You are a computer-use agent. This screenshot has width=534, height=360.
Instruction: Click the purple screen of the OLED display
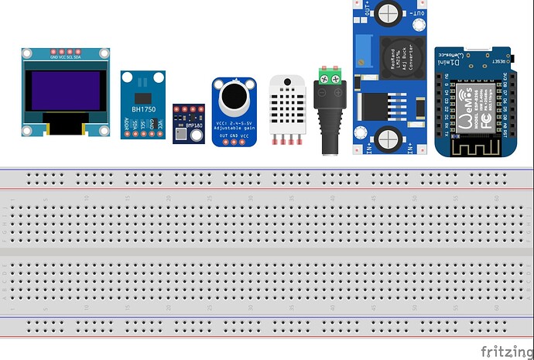pos(66,91)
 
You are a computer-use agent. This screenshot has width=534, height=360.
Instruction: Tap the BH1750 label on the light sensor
pos(142,108)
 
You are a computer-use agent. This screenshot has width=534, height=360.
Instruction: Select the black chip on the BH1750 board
pos(142,97)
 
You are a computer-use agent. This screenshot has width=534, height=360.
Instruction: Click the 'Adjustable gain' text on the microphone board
pos(233,126)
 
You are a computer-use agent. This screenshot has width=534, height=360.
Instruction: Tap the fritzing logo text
pos(506,351)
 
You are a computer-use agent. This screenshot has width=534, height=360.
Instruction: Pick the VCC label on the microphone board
pos(245,136)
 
